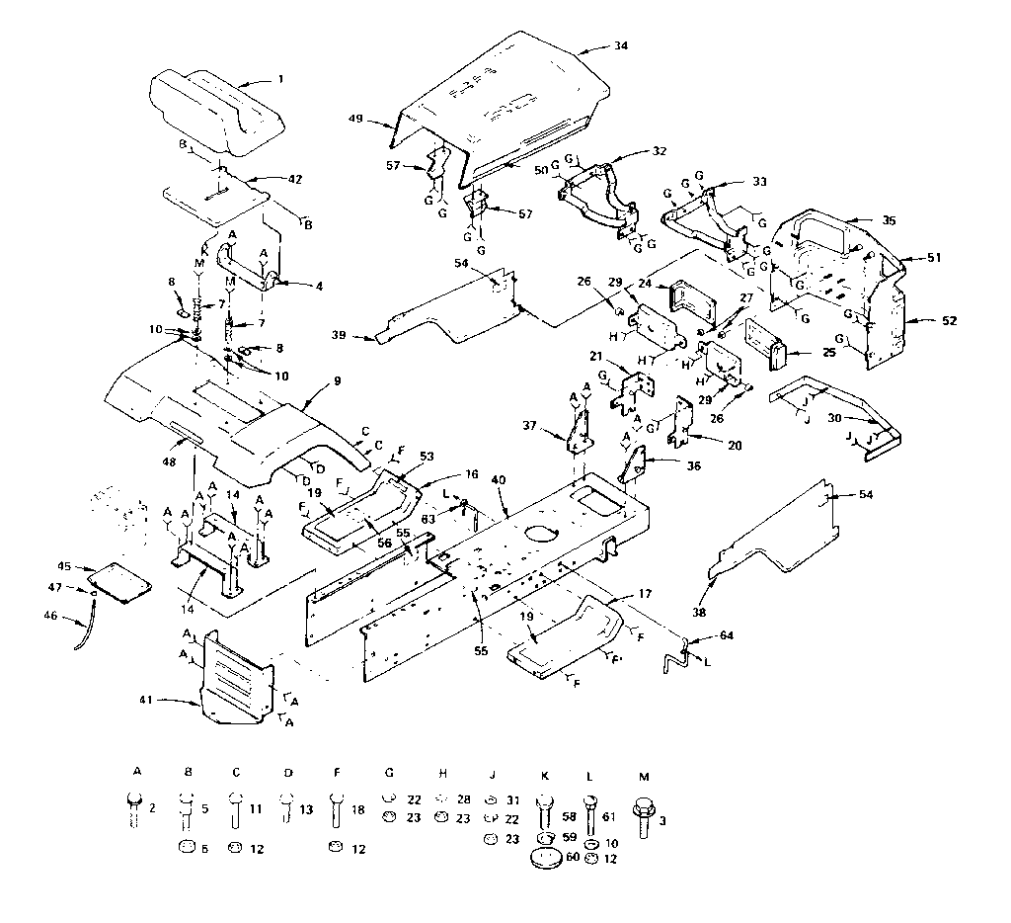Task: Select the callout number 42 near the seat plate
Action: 294,179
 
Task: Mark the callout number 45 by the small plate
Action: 64,566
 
